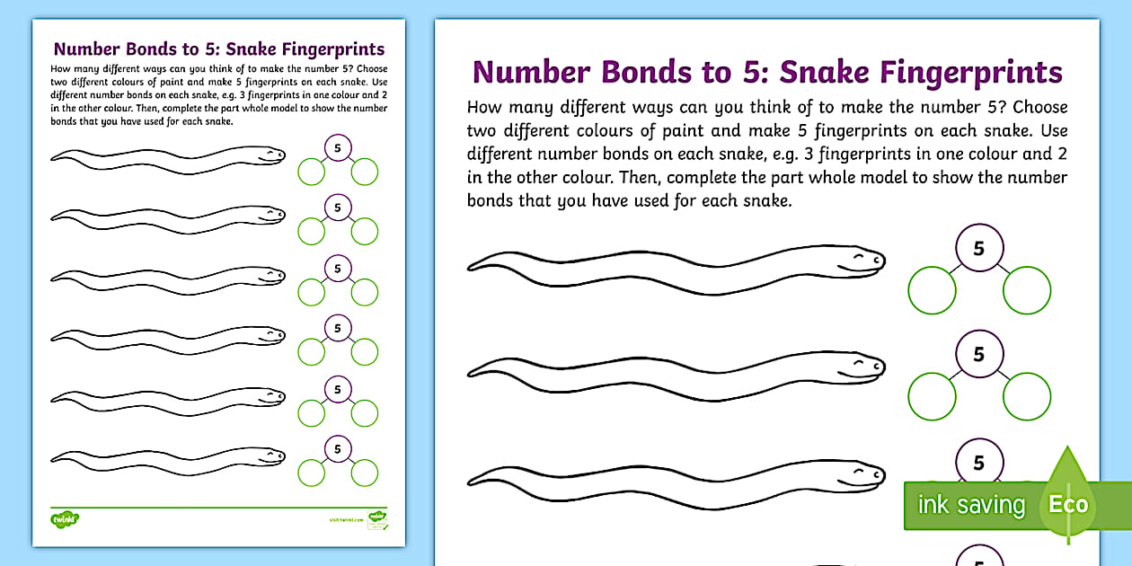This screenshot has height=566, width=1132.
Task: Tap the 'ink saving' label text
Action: pyautogui.click(x=970, y=505)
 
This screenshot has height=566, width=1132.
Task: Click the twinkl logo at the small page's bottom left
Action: pyautogui.click(x=65, y=517)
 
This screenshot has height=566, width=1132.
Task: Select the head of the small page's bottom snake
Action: pyautogui.click(x=270, y=457)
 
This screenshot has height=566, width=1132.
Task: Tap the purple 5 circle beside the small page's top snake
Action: pyautogui.click(x=338, y=147)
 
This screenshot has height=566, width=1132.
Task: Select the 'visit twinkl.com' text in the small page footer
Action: pyautogui.click(x=346, y=519)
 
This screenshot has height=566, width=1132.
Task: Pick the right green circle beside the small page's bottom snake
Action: pyautogui.click(x=365, y=472)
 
